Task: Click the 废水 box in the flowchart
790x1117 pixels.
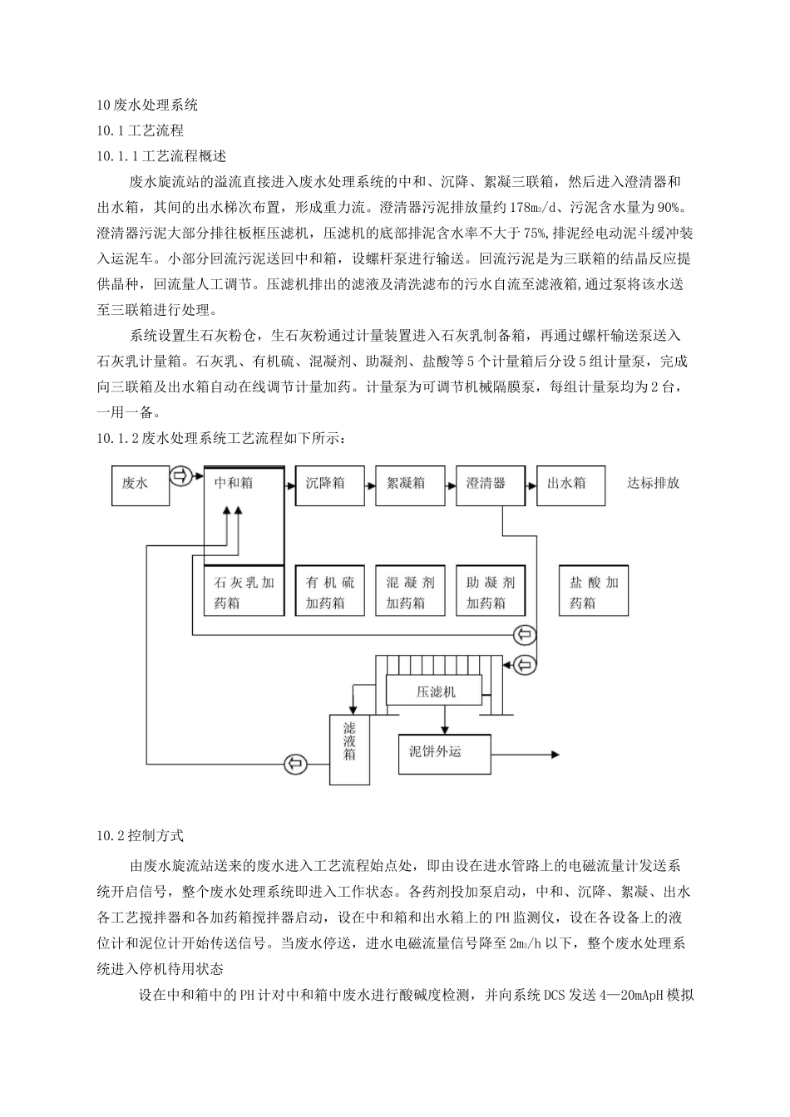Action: (x=141, y=485)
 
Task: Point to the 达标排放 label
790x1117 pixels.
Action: (x=654, y=483)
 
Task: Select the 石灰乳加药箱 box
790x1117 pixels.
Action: (x=244, y=592)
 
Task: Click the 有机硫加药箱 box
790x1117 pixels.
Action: (x=330, y=592)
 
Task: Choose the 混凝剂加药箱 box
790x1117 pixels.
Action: (x=411, y=592)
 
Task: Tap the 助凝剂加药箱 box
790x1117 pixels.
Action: (x=491, y=592)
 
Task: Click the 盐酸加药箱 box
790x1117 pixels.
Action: (x=594, y=592)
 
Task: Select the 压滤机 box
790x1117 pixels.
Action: (x=435, y=691)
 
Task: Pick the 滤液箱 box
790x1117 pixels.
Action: (x=350, y=749)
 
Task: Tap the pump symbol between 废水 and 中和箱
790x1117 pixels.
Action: (x=181, y=476)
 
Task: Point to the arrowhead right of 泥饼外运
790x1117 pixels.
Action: (x=558, y=755)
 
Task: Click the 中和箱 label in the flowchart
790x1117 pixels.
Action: (x=234, y=483)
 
